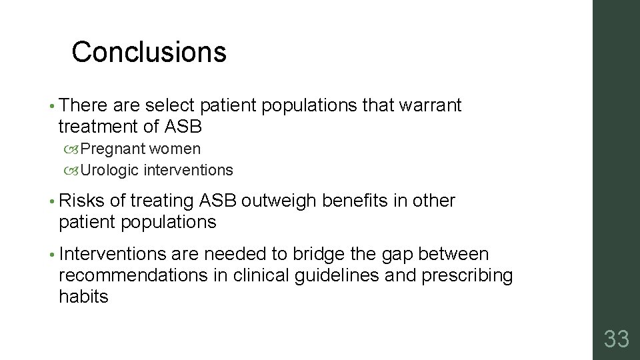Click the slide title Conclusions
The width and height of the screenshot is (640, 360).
149,52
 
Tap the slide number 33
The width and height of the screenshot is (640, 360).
616,339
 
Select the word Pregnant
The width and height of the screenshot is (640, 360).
113,149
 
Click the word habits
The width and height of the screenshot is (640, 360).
83,296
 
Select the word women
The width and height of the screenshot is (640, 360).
175,149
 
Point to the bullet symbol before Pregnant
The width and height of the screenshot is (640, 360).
71,149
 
